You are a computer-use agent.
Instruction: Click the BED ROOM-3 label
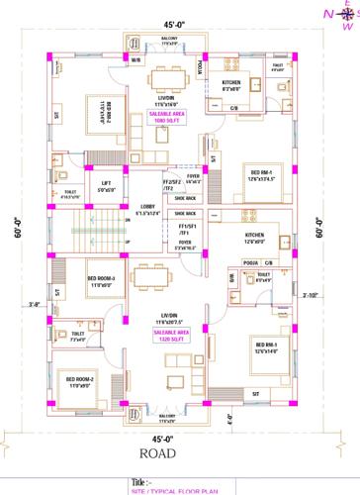102,280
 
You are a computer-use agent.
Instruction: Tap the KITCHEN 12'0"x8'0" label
255,237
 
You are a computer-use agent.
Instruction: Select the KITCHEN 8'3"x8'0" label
232,84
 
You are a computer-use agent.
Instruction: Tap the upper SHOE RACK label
184,196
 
